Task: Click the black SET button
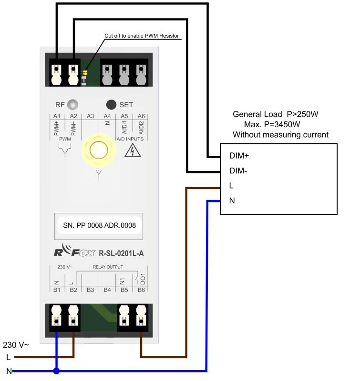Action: [x=111, y=105]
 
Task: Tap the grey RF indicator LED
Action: [x=72, y=105]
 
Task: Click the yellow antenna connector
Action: [x=99, y=150]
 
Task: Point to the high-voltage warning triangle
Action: [x=133, y=150]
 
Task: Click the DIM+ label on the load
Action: [x=239, y=156]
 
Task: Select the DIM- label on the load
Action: [x=238, y=171]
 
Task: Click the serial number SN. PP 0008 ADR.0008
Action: [x=100, y=225]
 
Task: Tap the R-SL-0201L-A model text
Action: [x=121, y=253]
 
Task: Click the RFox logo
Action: [x=74, y=251]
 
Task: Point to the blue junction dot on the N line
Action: [x=56, y=371]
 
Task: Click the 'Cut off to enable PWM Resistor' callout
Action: [x=142, y=36]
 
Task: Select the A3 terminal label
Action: [x=90, y=116]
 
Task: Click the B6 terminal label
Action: [x=141, y=290]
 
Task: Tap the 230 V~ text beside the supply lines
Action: [x=16, y=345]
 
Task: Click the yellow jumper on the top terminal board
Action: [x=85, y=72]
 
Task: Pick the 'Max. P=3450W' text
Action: [x=272, y=124]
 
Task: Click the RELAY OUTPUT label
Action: [x=108, y=267]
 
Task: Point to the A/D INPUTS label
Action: [x=130, y=139]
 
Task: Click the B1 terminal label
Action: [x=57, y=290]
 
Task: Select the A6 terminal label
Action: [x=141, y=116]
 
